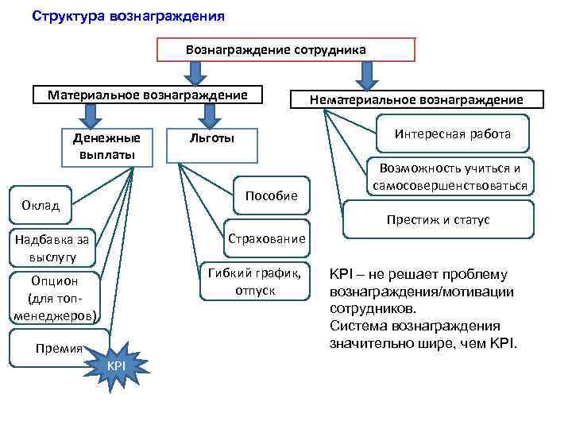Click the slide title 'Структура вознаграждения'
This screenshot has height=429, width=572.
coord(128,16)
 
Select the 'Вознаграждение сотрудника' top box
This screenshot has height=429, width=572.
coord(286,49)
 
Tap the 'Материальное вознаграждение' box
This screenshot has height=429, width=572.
coord(147,95)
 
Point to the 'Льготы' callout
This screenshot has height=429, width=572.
coord(212,139)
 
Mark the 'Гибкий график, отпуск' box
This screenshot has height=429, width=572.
coord(254,281)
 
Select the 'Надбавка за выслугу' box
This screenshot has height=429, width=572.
coord(52,247)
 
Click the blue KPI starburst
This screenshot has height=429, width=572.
coord(115,365)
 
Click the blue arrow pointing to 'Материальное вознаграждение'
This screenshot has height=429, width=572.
coord(195,73)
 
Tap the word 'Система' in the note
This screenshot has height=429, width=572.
coord(353,326)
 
